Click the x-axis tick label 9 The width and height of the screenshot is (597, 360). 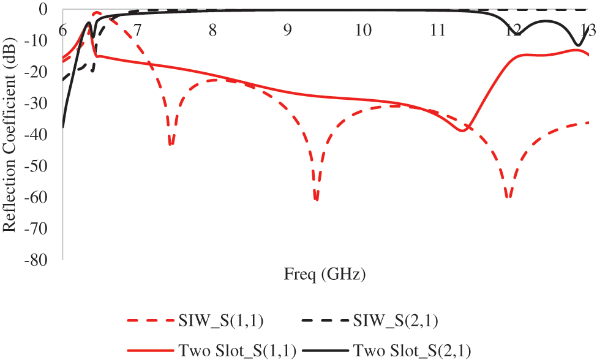[288, 30]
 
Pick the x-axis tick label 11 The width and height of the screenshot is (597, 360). [437, 30]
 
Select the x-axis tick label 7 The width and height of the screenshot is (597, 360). [137, 30]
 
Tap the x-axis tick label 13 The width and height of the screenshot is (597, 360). [588, 30]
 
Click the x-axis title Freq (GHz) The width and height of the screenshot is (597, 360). [325, 275]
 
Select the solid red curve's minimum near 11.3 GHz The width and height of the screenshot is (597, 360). [464, 131]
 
